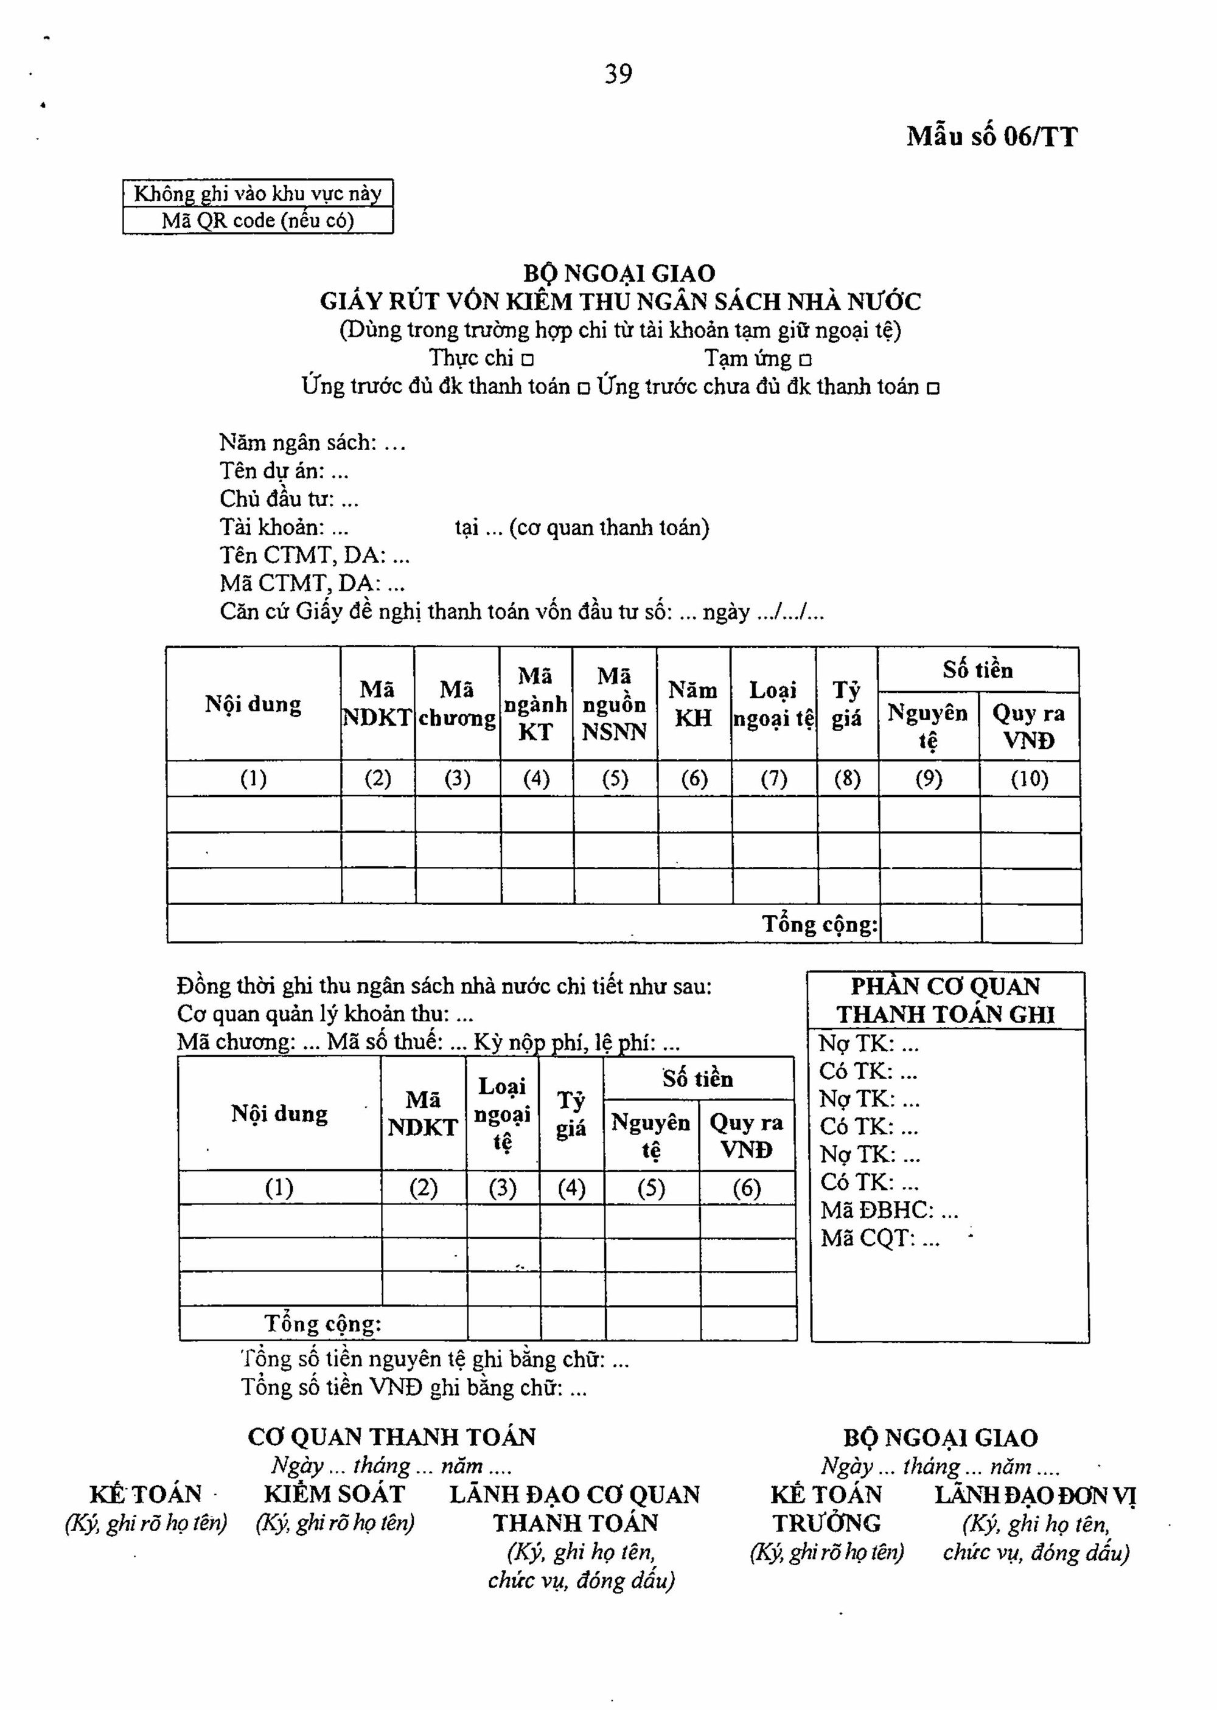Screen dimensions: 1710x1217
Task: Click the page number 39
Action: coord(618,74)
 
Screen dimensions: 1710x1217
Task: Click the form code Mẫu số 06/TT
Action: coord(991,137)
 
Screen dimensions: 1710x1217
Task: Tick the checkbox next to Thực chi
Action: coord(528,360)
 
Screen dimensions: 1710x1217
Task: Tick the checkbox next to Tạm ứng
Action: coord(806,360)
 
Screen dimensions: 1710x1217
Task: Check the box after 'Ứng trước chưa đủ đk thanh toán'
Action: coord(933,389)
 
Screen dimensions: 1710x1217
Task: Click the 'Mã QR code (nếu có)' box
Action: coord(258,221)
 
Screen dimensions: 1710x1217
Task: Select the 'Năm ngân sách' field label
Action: coord(298,443)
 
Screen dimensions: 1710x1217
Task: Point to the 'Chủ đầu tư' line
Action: coord(289,499)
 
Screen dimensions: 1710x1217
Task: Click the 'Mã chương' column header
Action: coord(456,704)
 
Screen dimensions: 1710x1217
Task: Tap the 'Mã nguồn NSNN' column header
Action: coord(615,704)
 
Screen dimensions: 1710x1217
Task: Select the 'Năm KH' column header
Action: coord(693,704)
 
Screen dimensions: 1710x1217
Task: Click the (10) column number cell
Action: coord(1029,779)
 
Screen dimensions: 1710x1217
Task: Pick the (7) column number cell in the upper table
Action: coord(773,779)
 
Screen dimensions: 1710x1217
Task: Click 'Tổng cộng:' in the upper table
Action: coord(820,924)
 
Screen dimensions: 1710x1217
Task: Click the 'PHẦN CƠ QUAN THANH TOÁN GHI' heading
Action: coord(946,1000)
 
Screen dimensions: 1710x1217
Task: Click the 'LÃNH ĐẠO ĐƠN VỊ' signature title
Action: coord(1036,1496)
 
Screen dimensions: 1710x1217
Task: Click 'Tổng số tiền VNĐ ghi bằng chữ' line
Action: coord(414,1388)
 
